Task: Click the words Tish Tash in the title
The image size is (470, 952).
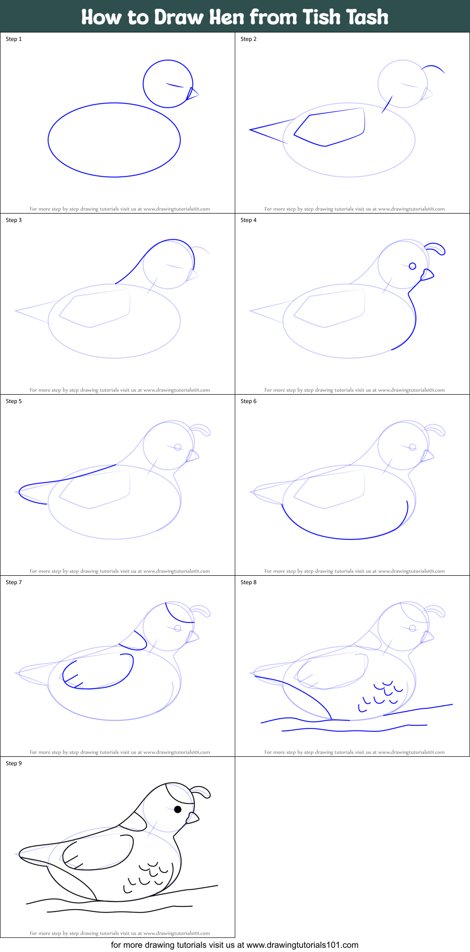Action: point(345,17)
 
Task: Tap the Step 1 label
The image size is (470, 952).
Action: point(14,39)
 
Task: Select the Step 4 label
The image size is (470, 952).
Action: point(248,220)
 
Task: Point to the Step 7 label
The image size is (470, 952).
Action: point(14,582)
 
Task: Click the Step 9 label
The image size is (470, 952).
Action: point(14,763)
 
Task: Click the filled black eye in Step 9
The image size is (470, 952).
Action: point(178,809)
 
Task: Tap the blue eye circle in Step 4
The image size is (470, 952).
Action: point(413,266)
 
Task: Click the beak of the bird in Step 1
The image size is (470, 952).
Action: point(192,94)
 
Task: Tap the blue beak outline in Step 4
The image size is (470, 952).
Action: point(427,275)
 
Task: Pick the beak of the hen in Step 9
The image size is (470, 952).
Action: point(192,818)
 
